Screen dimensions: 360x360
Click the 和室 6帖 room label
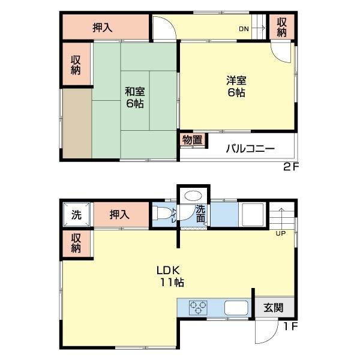point(135,97)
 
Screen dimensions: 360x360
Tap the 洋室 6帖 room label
point(236,86)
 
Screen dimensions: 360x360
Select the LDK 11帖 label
point(170,276)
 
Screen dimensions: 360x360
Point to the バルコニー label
point(250,149)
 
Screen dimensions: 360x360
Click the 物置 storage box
point(193,140)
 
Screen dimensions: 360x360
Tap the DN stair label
point(244,29)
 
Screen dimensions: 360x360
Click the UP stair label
point(281,233)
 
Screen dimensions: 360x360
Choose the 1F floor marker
point(290,326)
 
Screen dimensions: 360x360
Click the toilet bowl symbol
point(162,213)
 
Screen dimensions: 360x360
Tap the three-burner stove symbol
point(198,308)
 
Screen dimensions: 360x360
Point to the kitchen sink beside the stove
point(236,308)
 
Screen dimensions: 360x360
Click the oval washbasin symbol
point(193,196)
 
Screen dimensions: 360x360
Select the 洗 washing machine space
point(76,214)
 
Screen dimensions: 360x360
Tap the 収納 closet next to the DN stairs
point(282,27)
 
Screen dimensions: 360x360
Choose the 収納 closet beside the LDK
point(76,244)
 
